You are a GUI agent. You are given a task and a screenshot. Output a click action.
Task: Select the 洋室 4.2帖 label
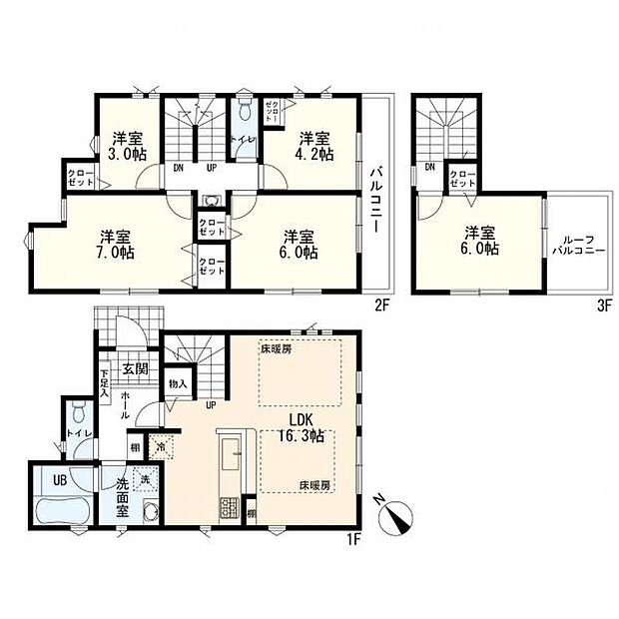(x=313, y=146)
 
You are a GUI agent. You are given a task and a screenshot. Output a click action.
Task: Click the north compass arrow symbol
(x=400, y=517)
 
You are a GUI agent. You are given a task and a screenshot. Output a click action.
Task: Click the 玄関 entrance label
(x=135, y=369)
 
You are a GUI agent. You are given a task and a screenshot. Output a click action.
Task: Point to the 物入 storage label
(x=178, y=383)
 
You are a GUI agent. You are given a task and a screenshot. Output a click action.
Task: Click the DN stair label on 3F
(x=428, y=167)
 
